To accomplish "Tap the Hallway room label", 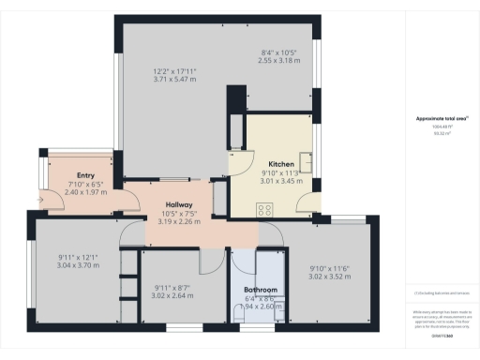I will pos(179,204).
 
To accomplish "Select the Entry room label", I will pos(85,175).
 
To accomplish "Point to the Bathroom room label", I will pos(260,290).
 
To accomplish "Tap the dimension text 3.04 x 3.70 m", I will pos(77,266).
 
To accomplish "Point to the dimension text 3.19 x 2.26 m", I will pos(179,222).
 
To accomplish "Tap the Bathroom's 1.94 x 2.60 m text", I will pos(260,307).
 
